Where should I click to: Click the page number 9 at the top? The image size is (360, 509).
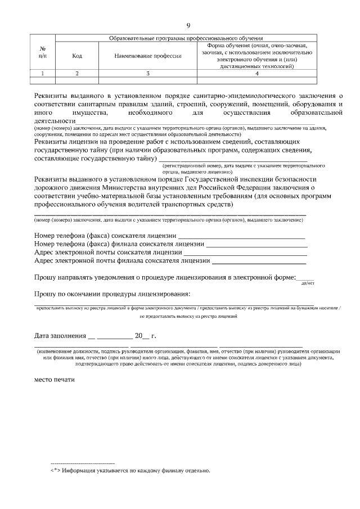[x=188, y=25]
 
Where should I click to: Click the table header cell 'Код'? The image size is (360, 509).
[x=77, y=56]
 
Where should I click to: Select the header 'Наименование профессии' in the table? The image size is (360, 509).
[x=148, y=56]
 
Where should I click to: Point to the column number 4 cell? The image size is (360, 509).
[x=256, y=73]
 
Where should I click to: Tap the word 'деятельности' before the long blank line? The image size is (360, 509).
[x=55, y=120]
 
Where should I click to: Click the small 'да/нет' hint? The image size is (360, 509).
[x=307, y=283]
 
